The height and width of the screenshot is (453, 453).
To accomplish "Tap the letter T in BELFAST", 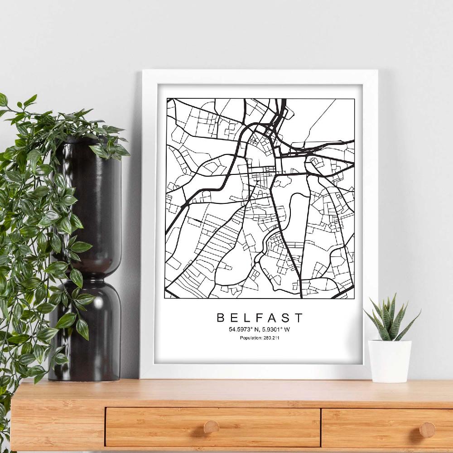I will coord(299,317).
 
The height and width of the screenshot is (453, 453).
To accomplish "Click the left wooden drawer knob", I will coord(211,426).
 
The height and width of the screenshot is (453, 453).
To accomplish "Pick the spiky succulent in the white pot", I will coord(390,317).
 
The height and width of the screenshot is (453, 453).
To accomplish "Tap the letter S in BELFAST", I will coord(286,317).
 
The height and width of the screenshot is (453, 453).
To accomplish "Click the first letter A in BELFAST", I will coord(272,317).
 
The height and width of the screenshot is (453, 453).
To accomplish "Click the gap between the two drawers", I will coord(321,428).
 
